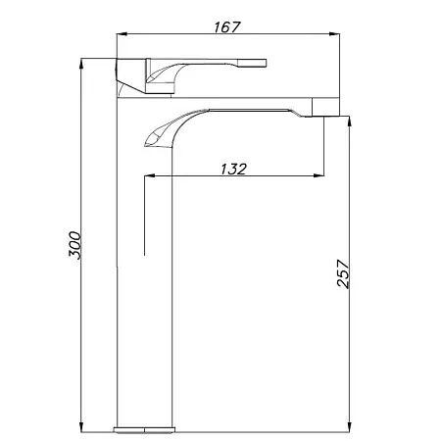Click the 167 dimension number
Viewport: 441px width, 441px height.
(x=227, y=27)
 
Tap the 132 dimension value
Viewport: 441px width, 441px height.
(x=233, y=169)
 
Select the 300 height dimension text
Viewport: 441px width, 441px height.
(x=74, y=245)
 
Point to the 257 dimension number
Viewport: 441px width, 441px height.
(x=343, y=273)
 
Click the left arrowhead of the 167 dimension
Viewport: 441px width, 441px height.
(x=122, y=33)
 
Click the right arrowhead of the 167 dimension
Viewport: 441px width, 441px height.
(x=334, y=33)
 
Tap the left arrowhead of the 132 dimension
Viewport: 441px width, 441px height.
(x=149, y=175)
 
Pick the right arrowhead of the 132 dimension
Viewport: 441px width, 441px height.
(x=318, y=175)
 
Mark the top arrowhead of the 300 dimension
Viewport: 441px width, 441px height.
(x=81, y=64)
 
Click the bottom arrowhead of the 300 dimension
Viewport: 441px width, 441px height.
(x=81, y=427)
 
